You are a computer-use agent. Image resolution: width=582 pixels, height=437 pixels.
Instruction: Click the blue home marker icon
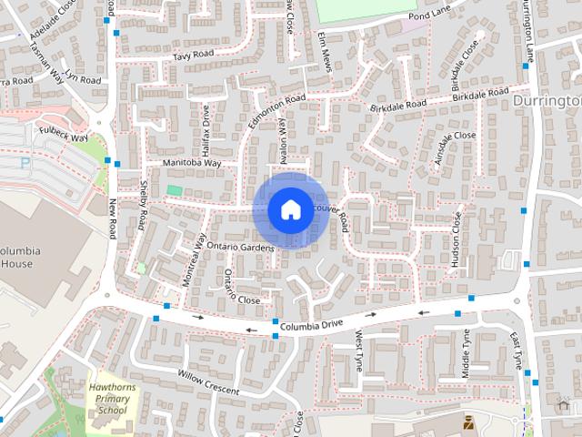289,209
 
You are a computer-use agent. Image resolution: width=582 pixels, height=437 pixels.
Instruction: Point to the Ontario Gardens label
239,248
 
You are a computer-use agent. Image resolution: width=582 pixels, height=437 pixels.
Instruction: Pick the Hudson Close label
455,242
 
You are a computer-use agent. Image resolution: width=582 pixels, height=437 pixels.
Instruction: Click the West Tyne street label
359,351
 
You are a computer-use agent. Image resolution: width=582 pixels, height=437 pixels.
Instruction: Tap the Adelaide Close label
53,24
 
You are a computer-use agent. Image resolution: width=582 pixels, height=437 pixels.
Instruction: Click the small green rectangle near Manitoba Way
174,190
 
